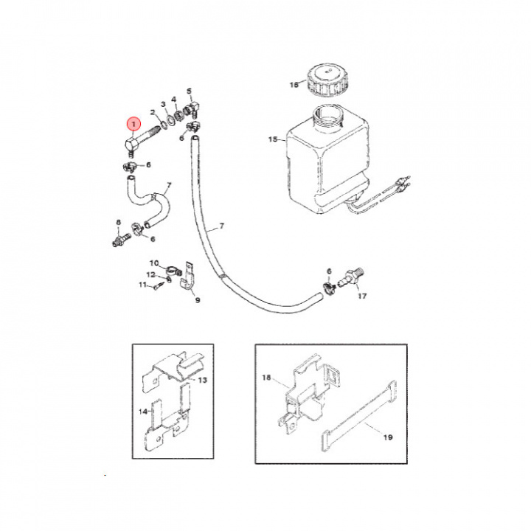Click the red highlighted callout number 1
click(133, 125)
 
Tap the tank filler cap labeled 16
click(327, 81)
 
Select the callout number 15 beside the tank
click(273, 139)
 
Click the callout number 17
click(362, 296)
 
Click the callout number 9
click(198, 300)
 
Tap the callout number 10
click(154, 263)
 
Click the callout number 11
click(142, 285)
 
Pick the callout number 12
click(150, 274)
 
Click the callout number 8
click(118, 223)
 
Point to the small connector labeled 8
click(121, 239)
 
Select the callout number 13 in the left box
click(202, 381)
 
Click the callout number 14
click(143, 412)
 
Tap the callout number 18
click(266, 378)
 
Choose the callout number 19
click(388, 437)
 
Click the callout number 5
click(189, 91)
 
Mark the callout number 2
click(153, 112)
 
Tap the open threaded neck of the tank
click(328, 117)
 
